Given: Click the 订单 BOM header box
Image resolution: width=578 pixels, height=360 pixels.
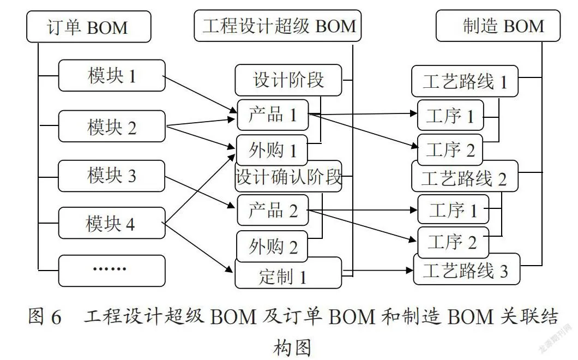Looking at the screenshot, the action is [89, 27].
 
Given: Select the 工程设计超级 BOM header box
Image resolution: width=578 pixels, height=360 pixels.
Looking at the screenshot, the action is [278, 26].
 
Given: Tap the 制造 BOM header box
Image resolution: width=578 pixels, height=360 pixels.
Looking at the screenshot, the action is [498, 26].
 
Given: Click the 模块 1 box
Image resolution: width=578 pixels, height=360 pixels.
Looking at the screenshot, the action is [112, 76].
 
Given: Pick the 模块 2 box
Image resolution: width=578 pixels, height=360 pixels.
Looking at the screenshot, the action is [112, 126].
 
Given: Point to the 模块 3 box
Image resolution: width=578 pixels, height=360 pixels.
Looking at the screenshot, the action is [111, 176].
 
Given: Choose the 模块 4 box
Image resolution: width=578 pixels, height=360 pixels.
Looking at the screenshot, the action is [112, 223].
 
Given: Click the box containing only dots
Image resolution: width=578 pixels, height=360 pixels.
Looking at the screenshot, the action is [112, 271].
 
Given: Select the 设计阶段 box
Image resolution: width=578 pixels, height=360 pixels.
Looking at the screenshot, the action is [288, 80].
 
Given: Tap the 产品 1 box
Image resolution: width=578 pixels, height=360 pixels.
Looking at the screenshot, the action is [273, 115].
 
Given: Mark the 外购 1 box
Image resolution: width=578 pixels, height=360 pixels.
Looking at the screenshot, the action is [272, 150].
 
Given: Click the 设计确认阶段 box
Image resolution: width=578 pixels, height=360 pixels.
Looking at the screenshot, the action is [288, 176].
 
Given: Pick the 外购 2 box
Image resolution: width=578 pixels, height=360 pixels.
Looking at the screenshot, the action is [272, 246].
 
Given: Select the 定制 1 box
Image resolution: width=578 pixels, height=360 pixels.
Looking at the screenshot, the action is [288, 273].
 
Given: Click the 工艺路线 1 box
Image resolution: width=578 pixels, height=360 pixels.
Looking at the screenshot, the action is [465, 81].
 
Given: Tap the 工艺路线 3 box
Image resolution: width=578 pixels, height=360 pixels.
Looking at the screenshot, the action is [467, 269].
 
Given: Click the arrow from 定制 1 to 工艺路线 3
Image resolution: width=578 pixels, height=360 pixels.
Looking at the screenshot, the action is [378, 271].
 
